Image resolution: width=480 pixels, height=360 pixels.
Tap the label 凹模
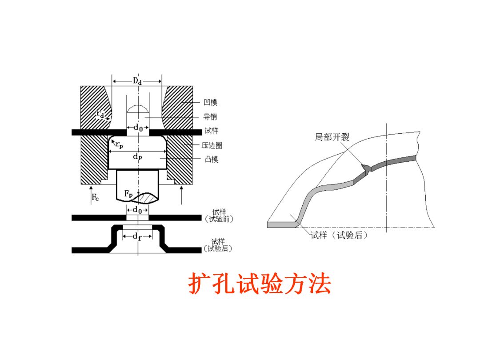pyautogui.click(x=211, y=103)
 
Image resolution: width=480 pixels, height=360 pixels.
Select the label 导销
pyautogui.click(x=211, y=117)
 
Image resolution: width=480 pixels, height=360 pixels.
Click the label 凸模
pyautogui.click(x=211, y=159)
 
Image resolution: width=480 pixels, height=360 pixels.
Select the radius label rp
pyautogui.click(x=119, y=144)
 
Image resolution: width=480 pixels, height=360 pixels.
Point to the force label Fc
pyautogui.click(x=96, y=198)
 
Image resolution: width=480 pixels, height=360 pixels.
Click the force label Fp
pyautogui.click(x=128, y=194)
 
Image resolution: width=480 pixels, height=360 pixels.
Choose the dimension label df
pyautogui.click(x=137, y=237)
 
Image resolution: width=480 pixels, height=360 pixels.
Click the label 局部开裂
pyautogui.click(x=332, y=137)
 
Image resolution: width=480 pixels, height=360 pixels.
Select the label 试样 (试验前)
pyautogui.click(x=218, y=216)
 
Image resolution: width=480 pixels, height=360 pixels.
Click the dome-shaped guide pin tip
pyautogui.click(x=138, y=109)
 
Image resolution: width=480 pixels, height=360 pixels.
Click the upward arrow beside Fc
pyautogui.click(x=91, y=195)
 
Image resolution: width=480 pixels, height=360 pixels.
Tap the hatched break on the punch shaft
pyautogui.click(x=145, y=197)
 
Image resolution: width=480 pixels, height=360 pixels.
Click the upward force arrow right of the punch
pyautogui.click(x=181, y=195)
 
